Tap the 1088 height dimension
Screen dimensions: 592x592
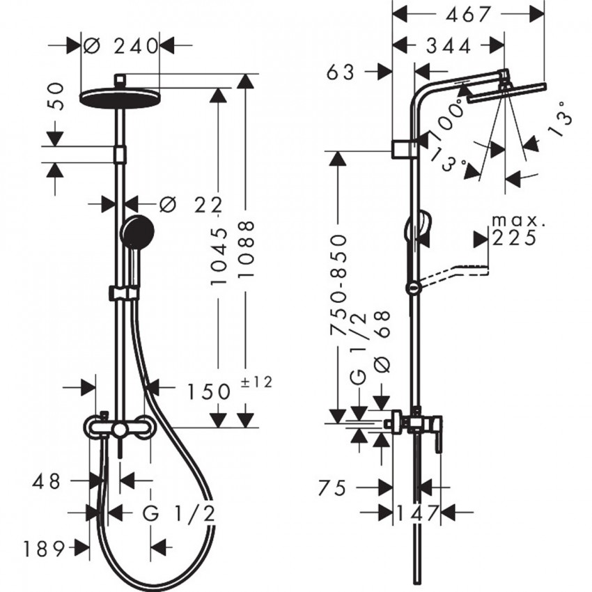pyautogui.click(x=245, y=251)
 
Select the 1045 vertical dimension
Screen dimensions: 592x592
pyautogui.click(x=219, y=258)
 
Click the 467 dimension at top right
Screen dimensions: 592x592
pyautogui.click(x=469, y=13)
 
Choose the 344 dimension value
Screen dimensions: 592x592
pyautogui.click(x=447, y=46)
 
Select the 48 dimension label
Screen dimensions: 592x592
pyautogui.click(x=47, y=481)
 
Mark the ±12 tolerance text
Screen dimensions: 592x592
pyautogui.click(x=257, y=381)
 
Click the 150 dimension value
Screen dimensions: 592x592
pyautogui.click(x=208, y=391)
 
